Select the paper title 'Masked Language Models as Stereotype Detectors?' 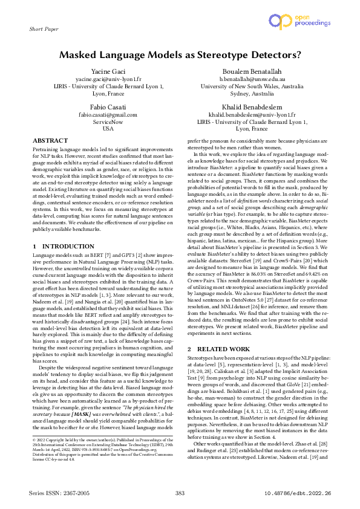(x=180, y=54)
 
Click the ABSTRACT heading (x=50, y=140)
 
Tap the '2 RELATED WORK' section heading (x=220, y=349)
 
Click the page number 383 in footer (x=180, y=494)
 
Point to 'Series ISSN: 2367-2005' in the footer (x=59, y=494)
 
